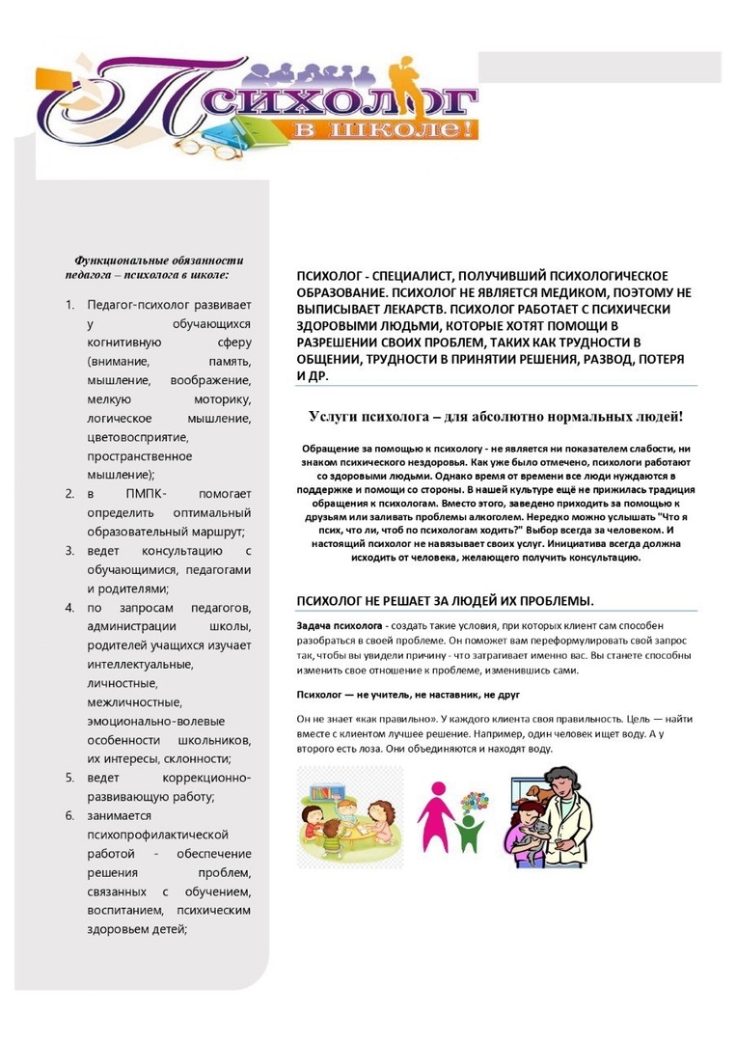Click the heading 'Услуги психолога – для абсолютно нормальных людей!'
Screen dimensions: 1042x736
pyautogui.click(x=496, y=416)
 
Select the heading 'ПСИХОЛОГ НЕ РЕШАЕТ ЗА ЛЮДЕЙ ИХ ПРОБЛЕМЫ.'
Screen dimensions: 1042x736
pyautogui.click(x=445, y=600)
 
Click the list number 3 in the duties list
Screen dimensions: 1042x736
pyautogui.click(x=69, y=551)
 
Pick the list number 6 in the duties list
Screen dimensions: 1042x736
pyautogui.click(x=69, y=815)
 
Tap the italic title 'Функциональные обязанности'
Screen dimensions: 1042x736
pyautogui.click(x=159, y=260)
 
